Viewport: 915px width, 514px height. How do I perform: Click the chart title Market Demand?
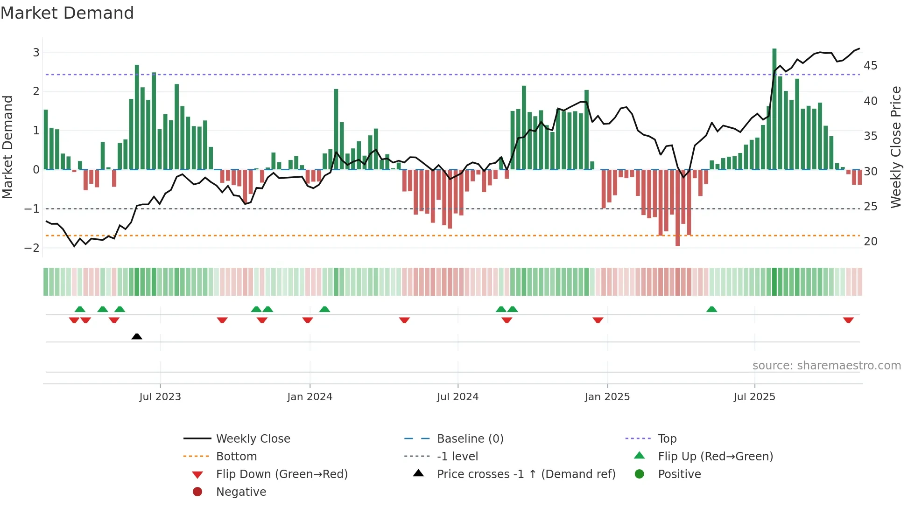(67, 13)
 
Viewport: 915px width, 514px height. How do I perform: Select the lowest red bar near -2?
(677, 208)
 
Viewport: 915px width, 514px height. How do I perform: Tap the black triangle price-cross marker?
(137, 336)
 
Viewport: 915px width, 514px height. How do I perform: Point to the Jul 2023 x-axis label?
(160, 397)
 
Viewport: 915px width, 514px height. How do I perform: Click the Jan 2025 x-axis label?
(607, 397)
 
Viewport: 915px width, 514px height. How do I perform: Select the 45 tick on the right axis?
(870, 66)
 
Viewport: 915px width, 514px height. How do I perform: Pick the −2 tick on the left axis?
(32, 248)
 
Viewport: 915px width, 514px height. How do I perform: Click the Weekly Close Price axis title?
(895, 147)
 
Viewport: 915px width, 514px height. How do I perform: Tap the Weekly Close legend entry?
(253, 439)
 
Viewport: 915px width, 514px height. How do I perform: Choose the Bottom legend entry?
(236, 457)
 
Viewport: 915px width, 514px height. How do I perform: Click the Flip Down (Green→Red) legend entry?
(282, 474)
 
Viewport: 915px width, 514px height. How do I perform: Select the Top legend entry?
(667, 439)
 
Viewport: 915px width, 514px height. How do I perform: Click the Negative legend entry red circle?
(197, 492)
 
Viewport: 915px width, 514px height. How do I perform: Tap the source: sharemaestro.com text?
(826, 366)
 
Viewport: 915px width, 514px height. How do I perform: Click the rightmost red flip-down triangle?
(848, 320)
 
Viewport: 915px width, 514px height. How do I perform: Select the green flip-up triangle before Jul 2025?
(711, 309)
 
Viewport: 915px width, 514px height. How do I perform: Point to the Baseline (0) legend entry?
(470, 439)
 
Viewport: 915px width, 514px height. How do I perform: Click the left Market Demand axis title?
(8, 147)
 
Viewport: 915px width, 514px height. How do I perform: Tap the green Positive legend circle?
(640, 474)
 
